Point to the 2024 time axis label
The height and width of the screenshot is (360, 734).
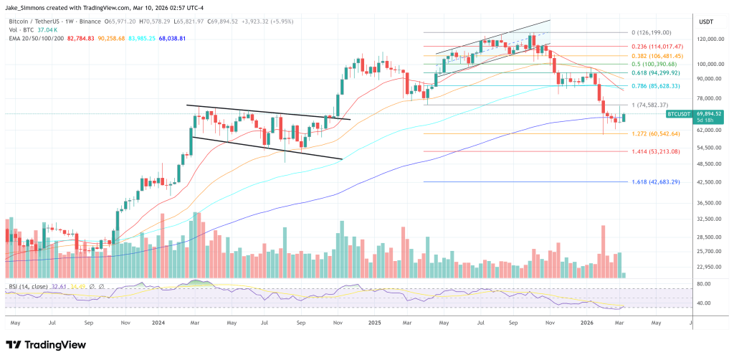(x=160, y=323)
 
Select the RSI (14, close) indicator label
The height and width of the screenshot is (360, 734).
(x=29, y=285)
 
